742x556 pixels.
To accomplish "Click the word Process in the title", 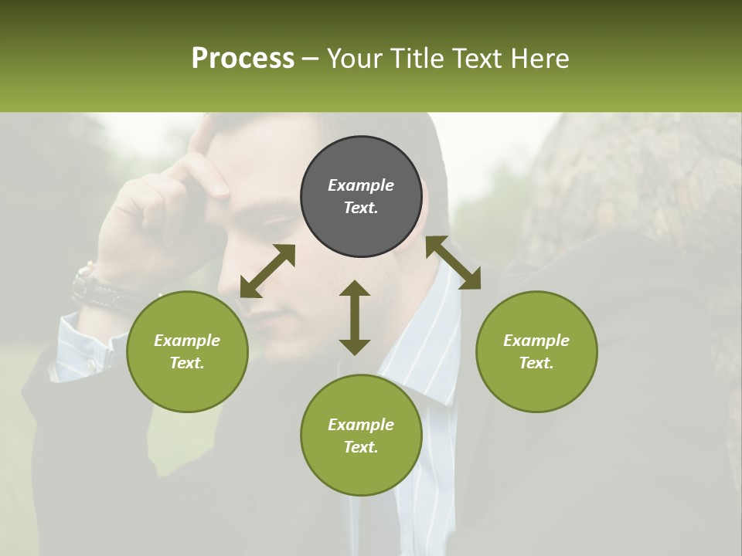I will tap(243, 59).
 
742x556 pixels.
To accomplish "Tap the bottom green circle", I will tap(361, 463).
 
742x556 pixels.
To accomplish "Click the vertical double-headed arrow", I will tap(355, 317).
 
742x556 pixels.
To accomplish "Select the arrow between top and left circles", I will tap(267, 270).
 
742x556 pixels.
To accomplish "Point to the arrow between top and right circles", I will tap(453, 263).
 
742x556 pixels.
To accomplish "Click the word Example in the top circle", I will tap(361, 185).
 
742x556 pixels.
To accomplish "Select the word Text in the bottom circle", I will tap(360, 447).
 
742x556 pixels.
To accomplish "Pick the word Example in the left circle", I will tap(187, 341).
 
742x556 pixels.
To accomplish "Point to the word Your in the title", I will tap(353, 59).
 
